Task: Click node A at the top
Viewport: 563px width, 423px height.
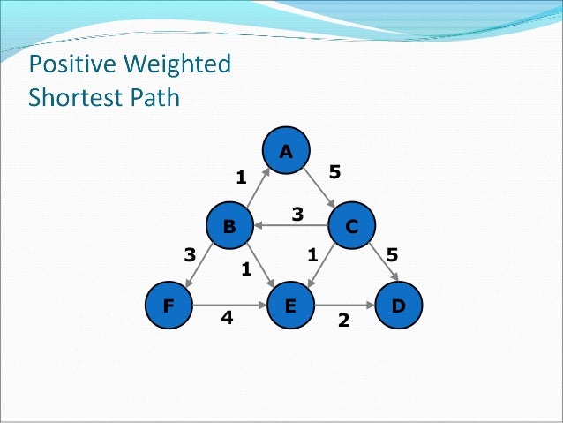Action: pos(285,151)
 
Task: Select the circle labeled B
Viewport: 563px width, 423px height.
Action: pos(229,226)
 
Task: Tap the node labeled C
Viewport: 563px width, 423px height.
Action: pos(351,226)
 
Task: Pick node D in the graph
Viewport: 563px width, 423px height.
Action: pos(398,306)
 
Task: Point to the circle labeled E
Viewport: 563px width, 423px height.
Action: pos(289,306)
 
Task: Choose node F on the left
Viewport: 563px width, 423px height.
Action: pos(169,306)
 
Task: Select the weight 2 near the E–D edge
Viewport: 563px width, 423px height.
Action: pos(344,321)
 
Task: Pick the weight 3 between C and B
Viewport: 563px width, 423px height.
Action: pos(297,214)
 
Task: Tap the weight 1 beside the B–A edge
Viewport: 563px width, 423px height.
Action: pos(240,178)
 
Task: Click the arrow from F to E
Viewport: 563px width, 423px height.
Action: pos(229,306)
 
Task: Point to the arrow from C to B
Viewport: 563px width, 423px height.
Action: pos(290,226)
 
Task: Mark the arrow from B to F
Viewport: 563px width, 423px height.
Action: pos(199,265)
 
